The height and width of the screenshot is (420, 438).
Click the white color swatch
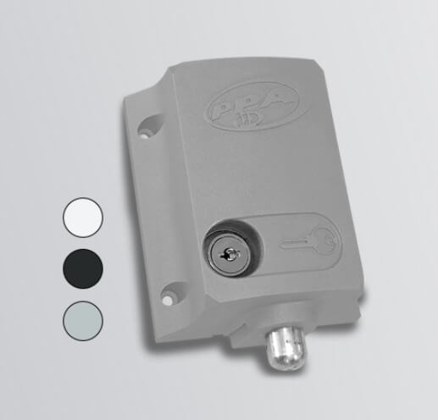tap(83, 218)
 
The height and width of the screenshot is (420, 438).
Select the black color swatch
tap(83, 268)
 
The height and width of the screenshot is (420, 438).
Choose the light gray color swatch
tap(83, 321)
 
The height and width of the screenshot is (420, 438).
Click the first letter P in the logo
tap(223, 109)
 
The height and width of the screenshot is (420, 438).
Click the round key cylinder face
tap(230, 255)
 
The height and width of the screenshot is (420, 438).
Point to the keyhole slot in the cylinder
tap(231, 254)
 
